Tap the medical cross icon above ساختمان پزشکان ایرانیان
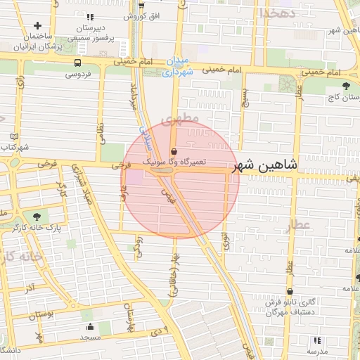point(37,25)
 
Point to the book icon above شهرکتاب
point(16,136)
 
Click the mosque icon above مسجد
point(90,327)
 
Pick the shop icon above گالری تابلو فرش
point(289,292)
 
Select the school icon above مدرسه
point(314,340)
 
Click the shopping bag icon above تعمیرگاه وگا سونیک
point(174,151)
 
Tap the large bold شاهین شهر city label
point(267,166)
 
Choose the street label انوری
point(225,241)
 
